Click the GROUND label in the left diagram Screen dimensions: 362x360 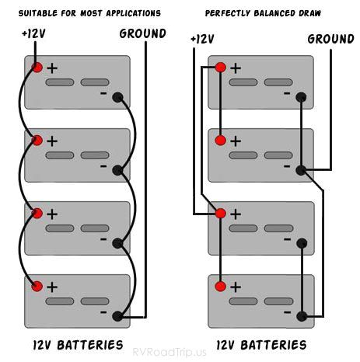[142, 33]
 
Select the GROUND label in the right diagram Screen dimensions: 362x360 [330, 39]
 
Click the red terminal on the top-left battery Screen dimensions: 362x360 [37, 68]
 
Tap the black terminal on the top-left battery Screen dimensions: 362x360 [117, 97]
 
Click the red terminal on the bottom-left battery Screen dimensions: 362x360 [37, 287]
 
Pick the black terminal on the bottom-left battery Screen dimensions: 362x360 [117, 316]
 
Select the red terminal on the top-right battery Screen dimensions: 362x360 [220, 68]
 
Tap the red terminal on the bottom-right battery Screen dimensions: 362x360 [220, 287]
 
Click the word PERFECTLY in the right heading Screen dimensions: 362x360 [231, 14]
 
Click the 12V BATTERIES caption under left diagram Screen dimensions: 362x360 [78, 343]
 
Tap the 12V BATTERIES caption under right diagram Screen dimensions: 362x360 [261, 343]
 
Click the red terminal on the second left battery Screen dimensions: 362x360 [37, 141]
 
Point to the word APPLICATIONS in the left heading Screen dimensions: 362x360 [134, 14]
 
